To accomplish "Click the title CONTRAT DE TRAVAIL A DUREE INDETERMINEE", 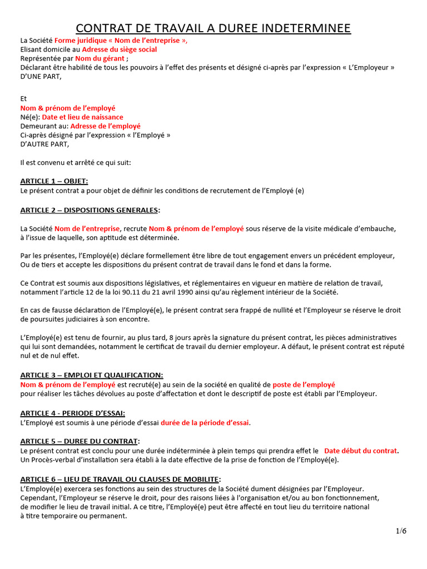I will (x=213, y=28).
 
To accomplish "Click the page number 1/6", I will (x=401, y=531).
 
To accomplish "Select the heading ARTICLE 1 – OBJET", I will (x=54, y=181).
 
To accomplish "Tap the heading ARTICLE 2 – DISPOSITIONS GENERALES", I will (x=90, y=210).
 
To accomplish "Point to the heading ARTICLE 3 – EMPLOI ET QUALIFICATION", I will (x=92, y=376).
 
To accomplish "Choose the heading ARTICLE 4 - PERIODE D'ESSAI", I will (x=72, y=413).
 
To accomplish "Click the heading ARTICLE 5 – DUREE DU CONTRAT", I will (x=80, y=441).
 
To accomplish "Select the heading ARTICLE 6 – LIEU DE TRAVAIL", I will (x=120, y=479).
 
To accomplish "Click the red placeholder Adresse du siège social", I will (x=119, y=49).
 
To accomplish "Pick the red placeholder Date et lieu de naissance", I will (x=83, y=117).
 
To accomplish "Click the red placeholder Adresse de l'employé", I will (x=106, y=126).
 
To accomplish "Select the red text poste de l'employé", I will (x=304, y=385).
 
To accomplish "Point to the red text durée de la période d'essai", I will (x=205, y=423).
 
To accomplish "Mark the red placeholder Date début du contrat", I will (x=361, y=451).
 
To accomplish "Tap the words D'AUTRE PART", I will (x=44, y=144).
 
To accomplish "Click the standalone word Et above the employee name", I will (x=23, y=98).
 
